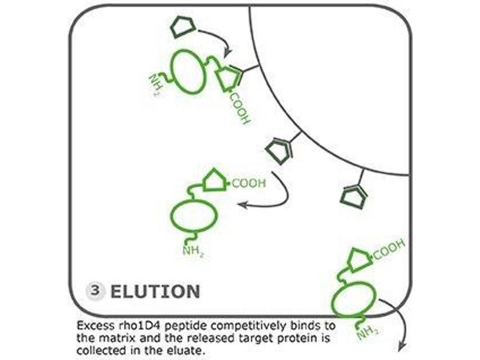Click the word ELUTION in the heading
[155, 292]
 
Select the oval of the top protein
[190, 71]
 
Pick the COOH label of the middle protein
[248, 184]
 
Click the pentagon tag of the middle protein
[215, 180]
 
